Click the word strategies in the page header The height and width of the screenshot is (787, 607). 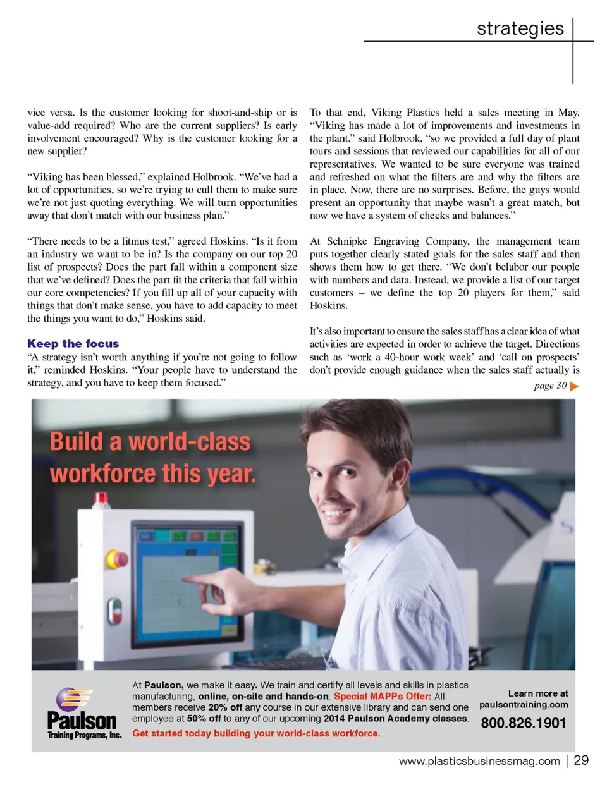click(520, 28)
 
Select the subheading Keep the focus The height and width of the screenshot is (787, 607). click(73, 344)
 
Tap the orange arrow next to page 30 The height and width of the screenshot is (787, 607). click(574, 386)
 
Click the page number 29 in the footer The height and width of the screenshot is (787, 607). click(581, 760)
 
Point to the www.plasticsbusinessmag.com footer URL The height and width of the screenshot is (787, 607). click(479, 761)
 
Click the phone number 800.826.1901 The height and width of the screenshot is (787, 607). click(523, 723)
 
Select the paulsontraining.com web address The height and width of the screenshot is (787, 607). click(524, 705)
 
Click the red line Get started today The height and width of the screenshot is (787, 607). click(256, 733)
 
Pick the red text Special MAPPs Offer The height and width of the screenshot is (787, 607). click(382, 697)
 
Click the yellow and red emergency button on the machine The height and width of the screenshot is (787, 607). click(118, 559)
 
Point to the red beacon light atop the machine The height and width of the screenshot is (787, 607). click(101, 499)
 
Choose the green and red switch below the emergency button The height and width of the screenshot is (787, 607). click(114, 611)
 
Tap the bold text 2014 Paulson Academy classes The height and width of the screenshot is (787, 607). click(396, 719)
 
